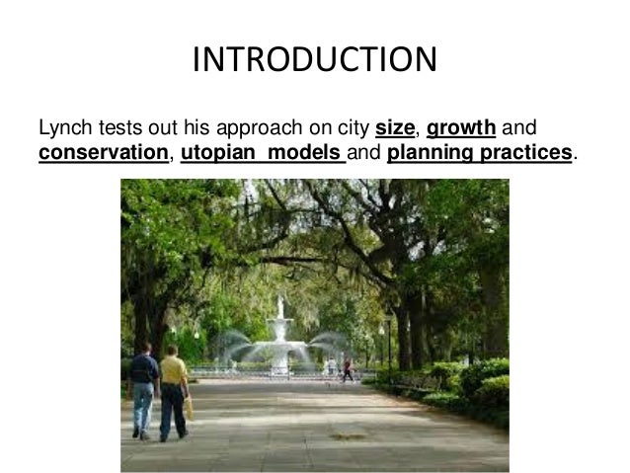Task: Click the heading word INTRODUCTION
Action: tap(314, 59)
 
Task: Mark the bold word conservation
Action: tap(102, 154)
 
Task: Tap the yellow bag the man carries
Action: tap(188, 404)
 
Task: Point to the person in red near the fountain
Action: tap(347, 369)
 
